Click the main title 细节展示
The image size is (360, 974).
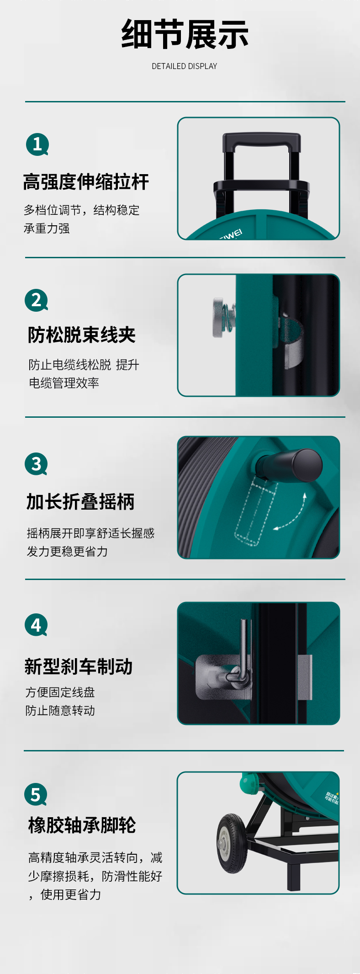pyautogui.click(x=185, y=34)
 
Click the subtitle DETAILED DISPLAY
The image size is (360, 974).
pyautogui.click(x=185, y=66)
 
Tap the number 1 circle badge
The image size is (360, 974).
pyautogui.click(x=37, y=144)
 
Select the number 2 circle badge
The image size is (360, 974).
pyautogui.click(x=36, y=300)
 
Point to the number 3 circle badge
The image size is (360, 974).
pyautogui.click(x=36, y=464)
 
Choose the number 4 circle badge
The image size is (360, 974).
pyautogui.click(x=36, y=625)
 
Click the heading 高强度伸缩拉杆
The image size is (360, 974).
pyautogui.click(x=86, y=182)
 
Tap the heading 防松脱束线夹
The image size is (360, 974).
pyautogui.click(x=82, y=335)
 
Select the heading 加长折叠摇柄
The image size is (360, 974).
pyautogui.click(x=80, y=502)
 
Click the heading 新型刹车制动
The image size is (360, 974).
pyautogui.click(x=79, y=666)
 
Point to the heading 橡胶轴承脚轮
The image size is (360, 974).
pyautogui.click(x=82, y=825)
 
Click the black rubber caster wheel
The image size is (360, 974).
pyautogui.click(x=232, y=843)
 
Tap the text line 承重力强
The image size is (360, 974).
pyautogui.click(x=47, y=229)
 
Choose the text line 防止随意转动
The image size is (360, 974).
pyautogui.click(x=60, y=711)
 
